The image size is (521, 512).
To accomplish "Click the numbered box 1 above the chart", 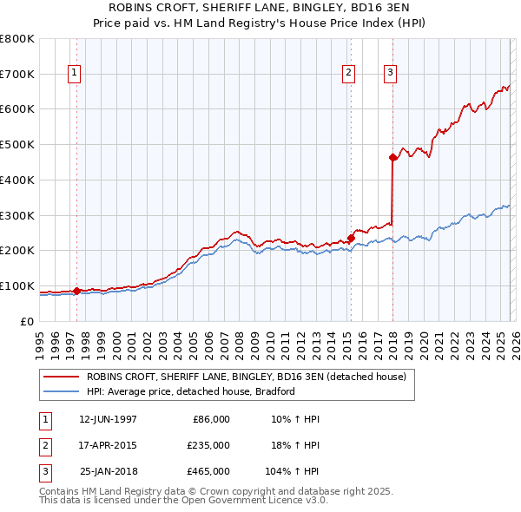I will [x=76, y=74].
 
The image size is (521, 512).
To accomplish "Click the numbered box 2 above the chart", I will [x=348, y=74].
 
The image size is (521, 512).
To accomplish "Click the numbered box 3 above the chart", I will [x=391, y=74].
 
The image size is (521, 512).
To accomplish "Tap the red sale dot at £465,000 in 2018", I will [x=392, y=157].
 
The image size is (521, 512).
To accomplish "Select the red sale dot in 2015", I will [x=351, y=238].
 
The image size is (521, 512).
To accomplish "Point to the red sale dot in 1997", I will [x=76, y=291].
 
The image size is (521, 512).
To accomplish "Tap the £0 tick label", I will [x=27, y=321].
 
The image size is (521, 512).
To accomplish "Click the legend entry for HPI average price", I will [x=191, y=391].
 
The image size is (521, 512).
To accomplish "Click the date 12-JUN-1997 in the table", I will [x=108, y=419].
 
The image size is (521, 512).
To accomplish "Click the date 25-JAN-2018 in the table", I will [x=108, y=471].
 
